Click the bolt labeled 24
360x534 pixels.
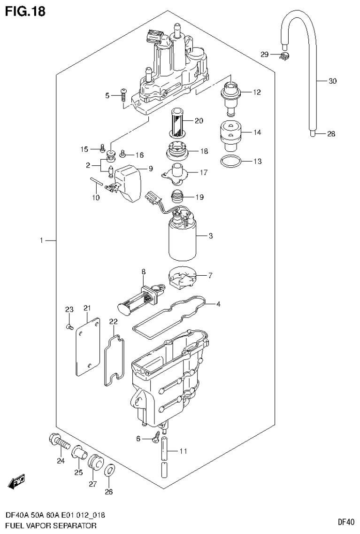click(58, 441)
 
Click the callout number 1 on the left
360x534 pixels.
click(41, 240)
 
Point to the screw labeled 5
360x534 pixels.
click(123, 95)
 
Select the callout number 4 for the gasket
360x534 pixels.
click(218, 304)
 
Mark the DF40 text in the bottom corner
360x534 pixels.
click(345, 521)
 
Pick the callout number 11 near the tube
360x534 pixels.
click(183, 451)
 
